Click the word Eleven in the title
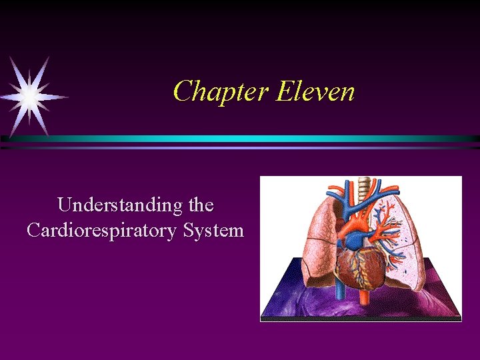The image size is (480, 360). (x=315, y=91)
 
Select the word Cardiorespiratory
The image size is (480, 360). (x=107, y=231)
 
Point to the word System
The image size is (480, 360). (x=218, y=231)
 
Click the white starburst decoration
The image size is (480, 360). (x=28, y=97)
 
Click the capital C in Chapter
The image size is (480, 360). (x=181, y=91)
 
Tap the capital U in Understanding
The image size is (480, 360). (x=64, y=205)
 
